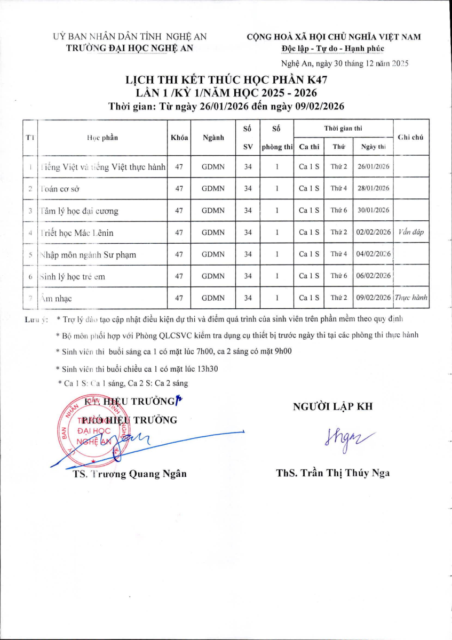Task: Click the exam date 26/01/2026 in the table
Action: tap(373, 166)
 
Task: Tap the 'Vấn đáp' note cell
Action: tap(411, 232)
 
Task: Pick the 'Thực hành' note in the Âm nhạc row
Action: tap(411, 298)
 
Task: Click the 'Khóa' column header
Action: tap(179, 138)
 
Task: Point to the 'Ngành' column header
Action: tap(213, 138)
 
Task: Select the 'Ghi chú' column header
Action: tap(411, 138)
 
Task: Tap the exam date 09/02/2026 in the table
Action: tap(373, 298)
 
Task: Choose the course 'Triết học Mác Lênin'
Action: tap(77, 233)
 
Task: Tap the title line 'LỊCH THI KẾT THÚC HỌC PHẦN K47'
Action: tap(226, 81)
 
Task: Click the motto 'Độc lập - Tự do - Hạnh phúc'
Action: tap(333, 49)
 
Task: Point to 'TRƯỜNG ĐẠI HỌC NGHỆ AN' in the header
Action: tap(129, 47)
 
